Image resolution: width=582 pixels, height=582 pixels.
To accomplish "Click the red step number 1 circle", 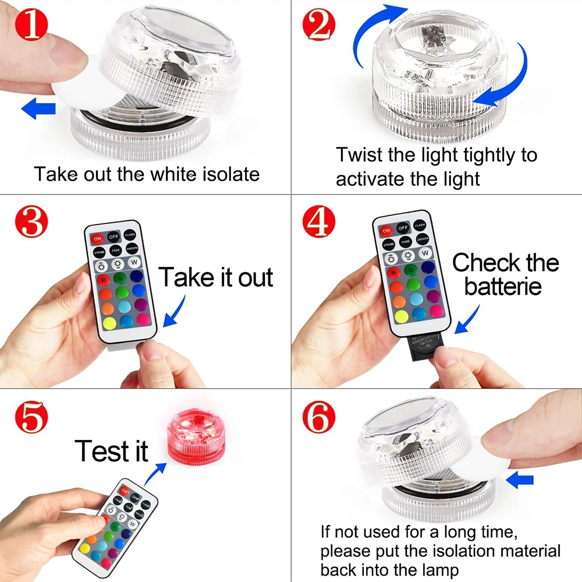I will (x=28, y=27).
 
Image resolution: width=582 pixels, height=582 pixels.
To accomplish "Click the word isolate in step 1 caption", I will (x=224, y=174).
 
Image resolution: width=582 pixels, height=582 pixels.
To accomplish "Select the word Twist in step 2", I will (x=359, y=155).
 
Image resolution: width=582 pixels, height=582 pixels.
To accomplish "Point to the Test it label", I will (x=111, y=450).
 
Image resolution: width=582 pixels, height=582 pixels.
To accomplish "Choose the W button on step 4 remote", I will (x=425, y=253).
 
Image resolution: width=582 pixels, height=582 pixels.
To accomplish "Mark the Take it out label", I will (x=216, y=278).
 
